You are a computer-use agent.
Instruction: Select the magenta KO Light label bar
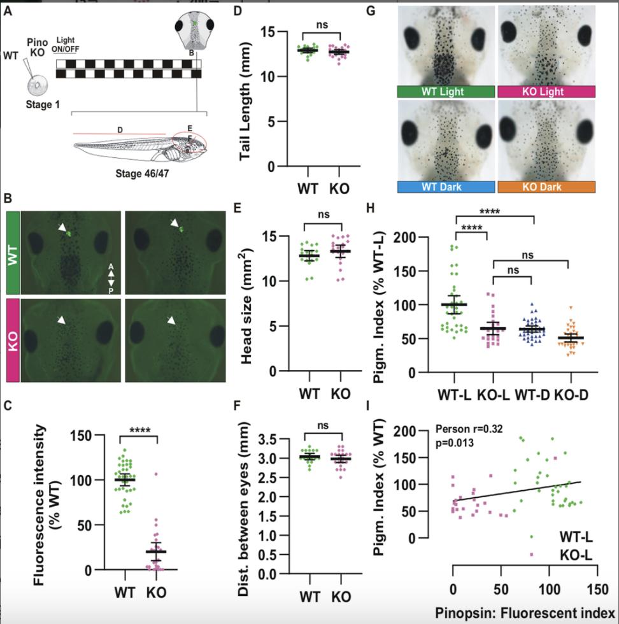[546, 92]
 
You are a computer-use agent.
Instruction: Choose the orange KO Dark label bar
[546, 187]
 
